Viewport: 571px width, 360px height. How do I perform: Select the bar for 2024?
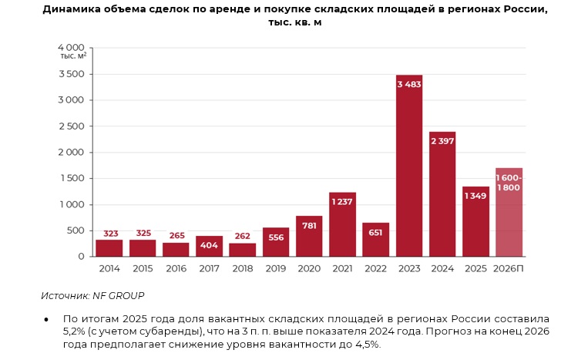click(442, 200)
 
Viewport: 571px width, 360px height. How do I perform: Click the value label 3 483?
click(409, 84)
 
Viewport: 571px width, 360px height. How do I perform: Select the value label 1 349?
click(475, 196)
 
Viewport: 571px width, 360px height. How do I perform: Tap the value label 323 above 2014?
click(109, 233)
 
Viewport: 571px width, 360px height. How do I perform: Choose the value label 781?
click(309, 225)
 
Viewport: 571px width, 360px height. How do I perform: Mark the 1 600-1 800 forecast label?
click(509, 183)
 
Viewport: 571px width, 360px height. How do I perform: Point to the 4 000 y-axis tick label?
click(72, 48)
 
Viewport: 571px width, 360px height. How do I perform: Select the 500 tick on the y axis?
click(76, 230)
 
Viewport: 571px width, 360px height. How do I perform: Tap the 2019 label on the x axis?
click(275, 268)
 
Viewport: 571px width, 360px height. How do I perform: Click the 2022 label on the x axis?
click(375, 268)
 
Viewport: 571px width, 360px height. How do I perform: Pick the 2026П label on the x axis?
click(509, 268)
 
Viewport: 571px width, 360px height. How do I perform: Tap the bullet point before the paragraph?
click(46, 319)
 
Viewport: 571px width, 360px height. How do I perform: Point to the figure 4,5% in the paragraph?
click(366, 344)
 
